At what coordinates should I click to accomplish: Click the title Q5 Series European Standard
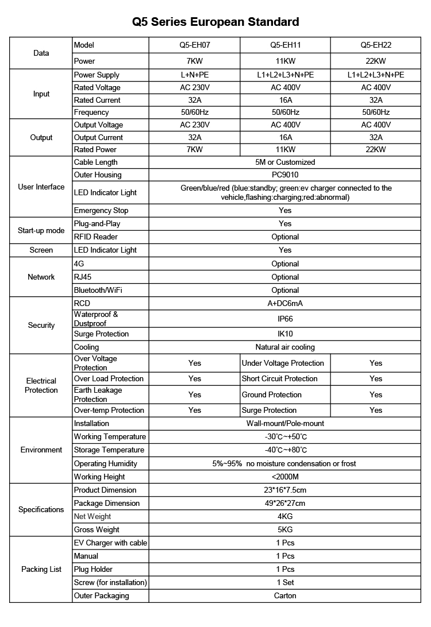[215, 22]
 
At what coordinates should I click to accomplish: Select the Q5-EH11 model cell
[285, 45]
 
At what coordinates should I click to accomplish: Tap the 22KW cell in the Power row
[375, 61]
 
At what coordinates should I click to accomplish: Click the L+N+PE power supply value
[194, 75]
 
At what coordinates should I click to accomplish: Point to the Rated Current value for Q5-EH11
[285, 100]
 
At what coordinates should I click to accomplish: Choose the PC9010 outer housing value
[285, 175]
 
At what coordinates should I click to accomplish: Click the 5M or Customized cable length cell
[285, 162]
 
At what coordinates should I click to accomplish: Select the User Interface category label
[41, 187]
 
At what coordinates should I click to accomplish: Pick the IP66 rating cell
[285, 318]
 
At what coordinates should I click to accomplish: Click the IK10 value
[285, 334]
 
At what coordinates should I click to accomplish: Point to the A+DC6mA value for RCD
[285, 303]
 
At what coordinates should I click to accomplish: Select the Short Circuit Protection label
[279, 378]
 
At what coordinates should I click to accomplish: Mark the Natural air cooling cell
[285, 347]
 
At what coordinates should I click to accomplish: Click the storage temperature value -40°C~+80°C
[285, 450]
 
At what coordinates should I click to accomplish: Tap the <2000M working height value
[285, 477]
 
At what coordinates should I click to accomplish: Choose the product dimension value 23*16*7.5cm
[285, 490]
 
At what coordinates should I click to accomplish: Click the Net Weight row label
[93, 516]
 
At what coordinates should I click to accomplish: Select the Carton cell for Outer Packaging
[285, 595]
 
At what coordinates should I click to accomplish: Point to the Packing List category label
[41, 569]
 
